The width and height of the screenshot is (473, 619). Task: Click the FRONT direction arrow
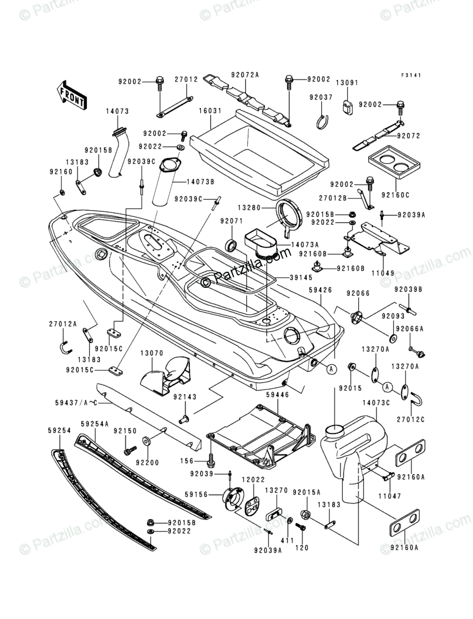pyautogui.click(x=71, y=95)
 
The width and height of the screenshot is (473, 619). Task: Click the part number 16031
pyautogui.click(x=210, y=112)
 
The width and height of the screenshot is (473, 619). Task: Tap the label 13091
pyautogui.click(x=347, y=83)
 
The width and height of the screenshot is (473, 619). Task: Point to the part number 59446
pyautogui.click(x=278, y=394)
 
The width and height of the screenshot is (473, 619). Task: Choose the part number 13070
pyautogui.click(x=152, y=352)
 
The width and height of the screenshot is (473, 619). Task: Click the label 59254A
pyautogui.click(x=95, y=424)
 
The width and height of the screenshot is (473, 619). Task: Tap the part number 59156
pyautogui.click(x=196, y=494)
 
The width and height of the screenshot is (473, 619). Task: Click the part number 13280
pyautogui.click(x=249, y=207)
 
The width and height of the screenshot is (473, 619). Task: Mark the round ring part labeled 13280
pyautogui.click(x=292, y=217)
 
